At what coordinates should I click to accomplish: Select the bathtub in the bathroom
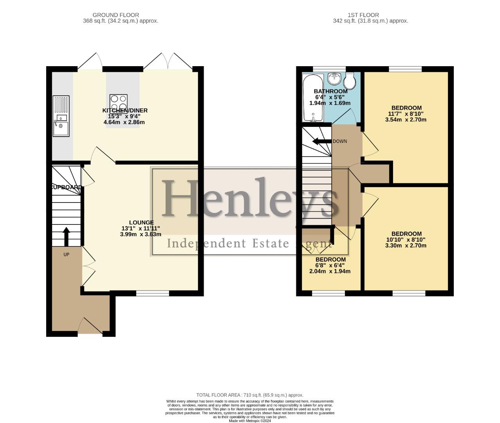pos(312,98)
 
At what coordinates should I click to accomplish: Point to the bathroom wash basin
pos(334,78)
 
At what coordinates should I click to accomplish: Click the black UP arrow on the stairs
pos(66,236)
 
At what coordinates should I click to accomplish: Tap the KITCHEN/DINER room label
pos(125,110)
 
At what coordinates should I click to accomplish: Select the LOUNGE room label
pos(141,222)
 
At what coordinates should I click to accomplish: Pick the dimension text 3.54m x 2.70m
pos(406,119)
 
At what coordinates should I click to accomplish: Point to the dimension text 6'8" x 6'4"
pos(330,265)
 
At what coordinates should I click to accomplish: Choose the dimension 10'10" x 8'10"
pos(406,240)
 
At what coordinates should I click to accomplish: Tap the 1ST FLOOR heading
pos(363,15)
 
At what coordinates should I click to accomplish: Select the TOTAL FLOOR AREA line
pos(249,395)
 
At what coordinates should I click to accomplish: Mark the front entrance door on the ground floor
pos(90,327)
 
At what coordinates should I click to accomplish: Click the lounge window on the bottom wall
pos(152,293)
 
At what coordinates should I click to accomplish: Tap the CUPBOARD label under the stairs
pos(66,187)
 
